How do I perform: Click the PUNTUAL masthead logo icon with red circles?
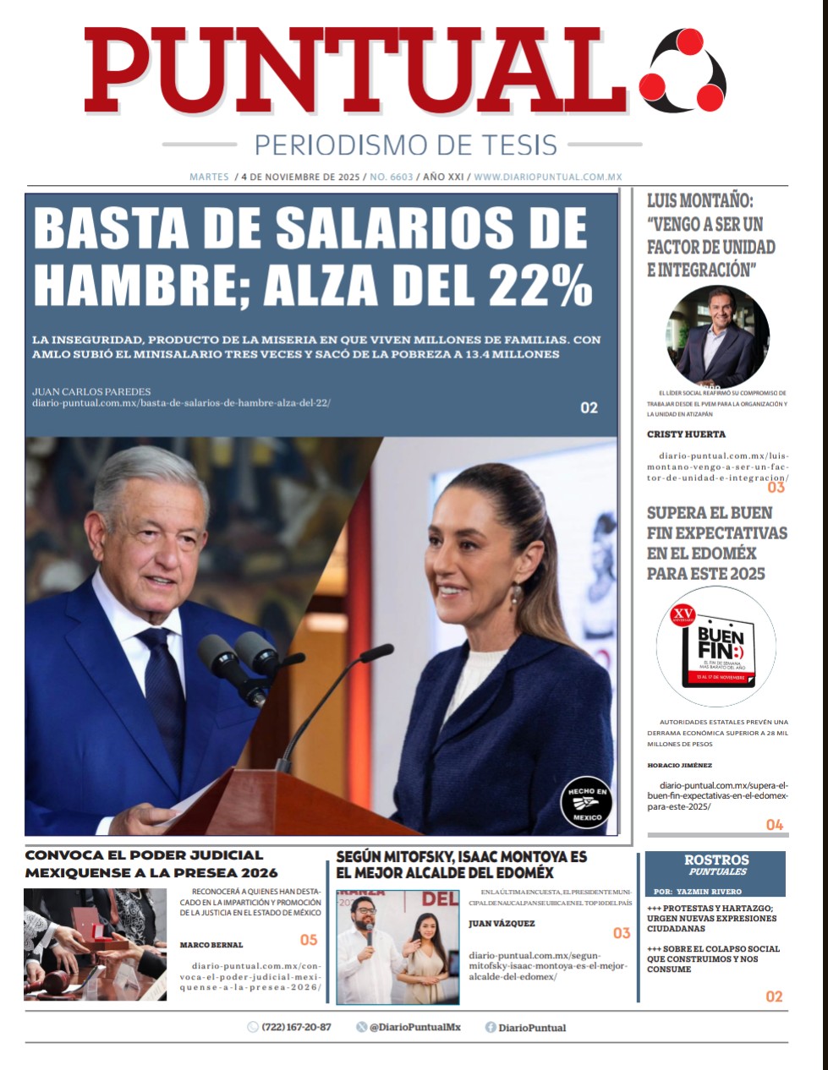pos(682,69)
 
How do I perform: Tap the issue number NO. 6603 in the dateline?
pos(392,177)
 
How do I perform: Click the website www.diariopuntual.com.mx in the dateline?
pos(548,177)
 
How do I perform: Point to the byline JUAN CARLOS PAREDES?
pos(91,391)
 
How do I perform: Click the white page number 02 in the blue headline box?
pos(589,408)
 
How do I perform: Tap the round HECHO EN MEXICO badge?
pos(585,802)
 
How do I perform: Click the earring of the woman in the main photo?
pos(515,596)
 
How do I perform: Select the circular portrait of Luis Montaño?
pos(718,336)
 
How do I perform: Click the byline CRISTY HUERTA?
pos(686,434)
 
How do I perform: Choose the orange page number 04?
pos(774,825)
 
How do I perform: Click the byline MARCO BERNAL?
pos(211,945)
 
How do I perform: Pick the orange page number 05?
pos(309,940)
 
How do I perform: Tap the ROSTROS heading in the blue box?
pos(716,860)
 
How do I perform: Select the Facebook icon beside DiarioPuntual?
pos(491,1028)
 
